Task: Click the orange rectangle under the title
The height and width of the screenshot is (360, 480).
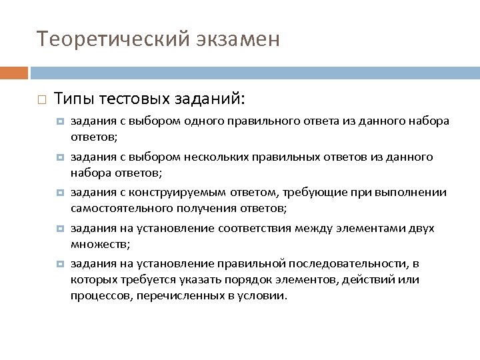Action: [13, 72]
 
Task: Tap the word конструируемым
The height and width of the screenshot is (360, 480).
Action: [171, 193]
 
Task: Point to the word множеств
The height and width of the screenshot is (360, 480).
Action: [93, 245]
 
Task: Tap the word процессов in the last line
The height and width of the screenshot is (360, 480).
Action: [100, 295]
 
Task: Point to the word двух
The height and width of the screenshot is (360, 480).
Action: [420, 229]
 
